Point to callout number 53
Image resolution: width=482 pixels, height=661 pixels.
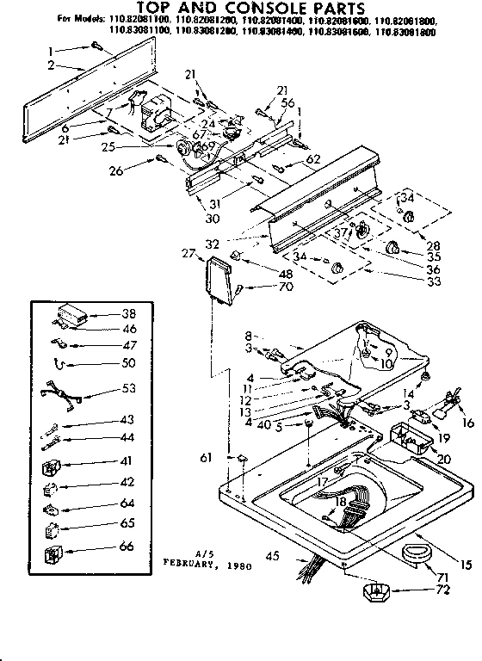click(x=129, y=389)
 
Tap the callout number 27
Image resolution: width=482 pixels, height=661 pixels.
click(x=188, y=253)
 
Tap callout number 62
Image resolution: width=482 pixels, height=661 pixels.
click(x=312, y=158)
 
